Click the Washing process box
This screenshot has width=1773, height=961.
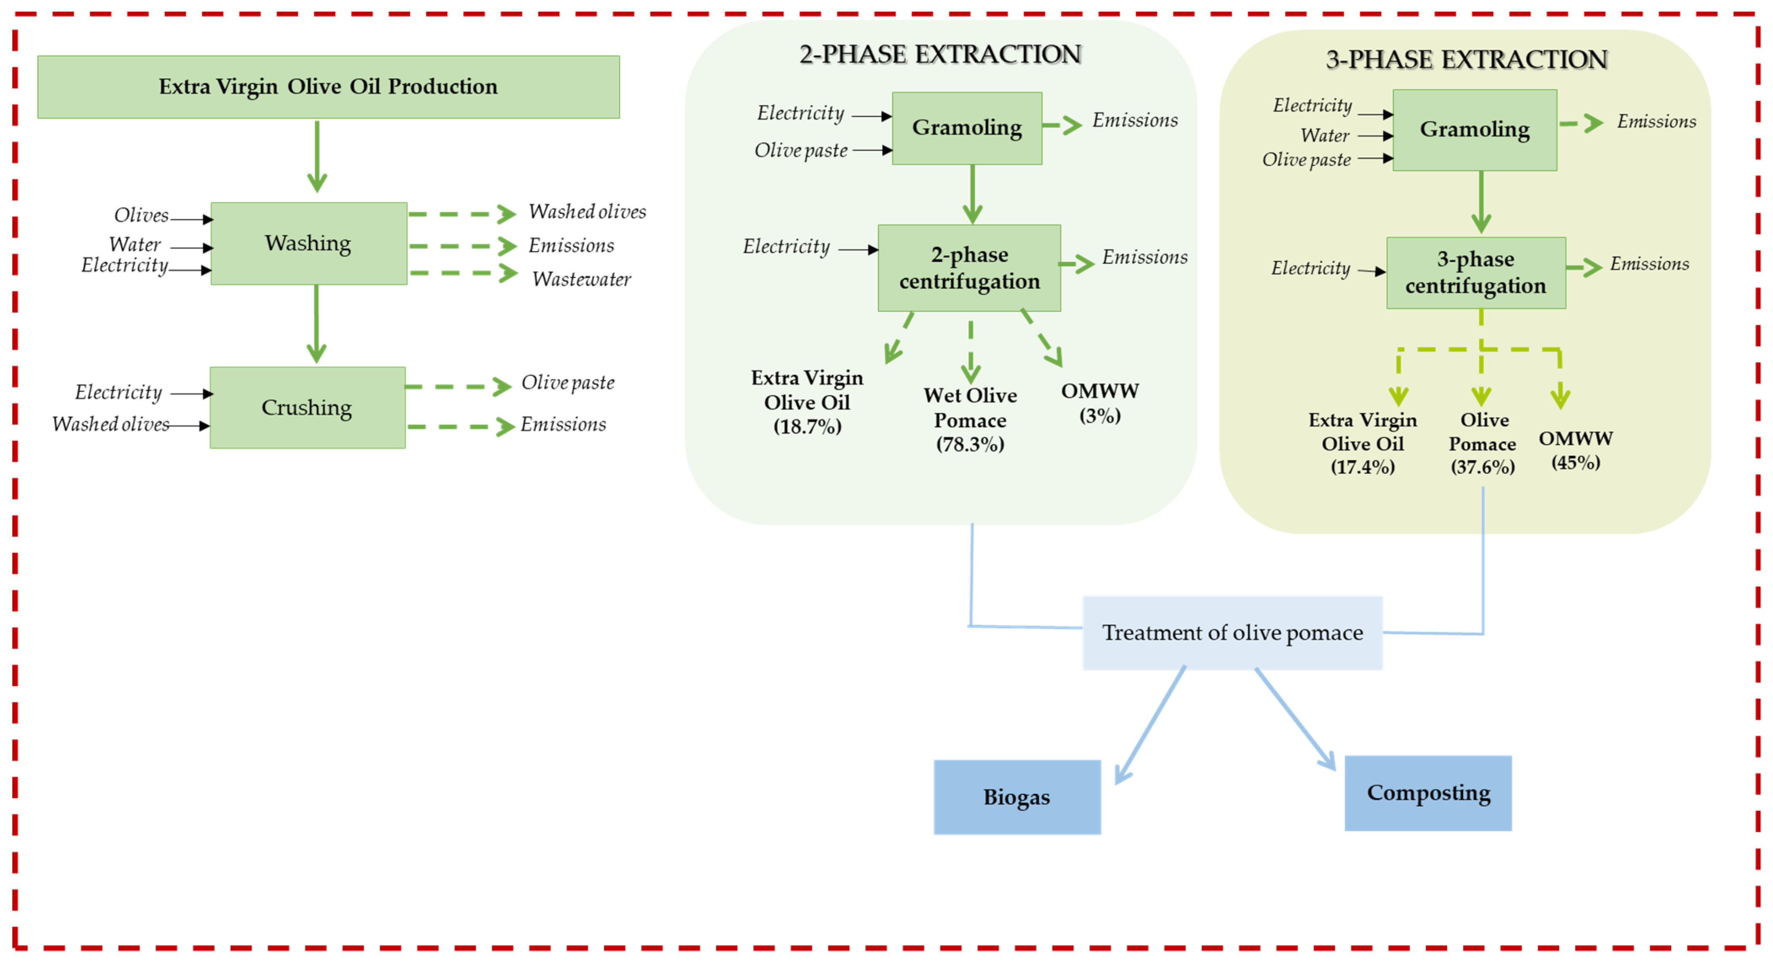308,243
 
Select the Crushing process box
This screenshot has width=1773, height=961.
307,408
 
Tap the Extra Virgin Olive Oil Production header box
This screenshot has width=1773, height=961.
328,87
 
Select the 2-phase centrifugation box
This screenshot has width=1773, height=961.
968,268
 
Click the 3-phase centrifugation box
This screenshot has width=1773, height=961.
1475,273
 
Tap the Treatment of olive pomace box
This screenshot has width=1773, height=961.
1232,633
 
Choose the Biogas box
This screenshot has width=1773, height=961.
1017,797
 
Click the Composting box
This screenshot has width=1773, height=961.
1428,793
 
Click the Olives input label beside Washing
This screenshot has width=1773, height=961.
141,215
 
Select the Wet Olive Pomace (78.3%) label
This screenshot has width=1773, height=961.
970,420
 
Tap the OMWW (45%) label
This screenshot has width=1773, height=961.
1575,450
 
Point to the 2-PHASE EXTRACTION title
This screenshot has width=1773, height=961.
940,54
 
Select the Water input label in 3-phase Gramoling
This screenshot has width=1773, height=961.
1324,136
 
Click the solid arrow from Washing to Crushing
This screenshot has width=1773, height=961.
317,324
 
